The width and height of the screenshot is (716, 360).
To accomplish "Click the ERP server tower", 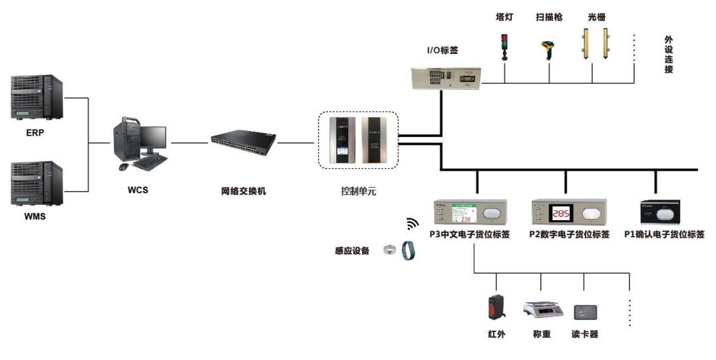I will coord(37,97).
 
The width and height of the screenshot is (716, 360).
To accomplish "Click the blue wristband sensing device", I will coord(408,252).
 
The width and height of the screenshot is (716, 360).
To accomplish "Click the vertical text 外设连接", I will coord(667,55).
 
